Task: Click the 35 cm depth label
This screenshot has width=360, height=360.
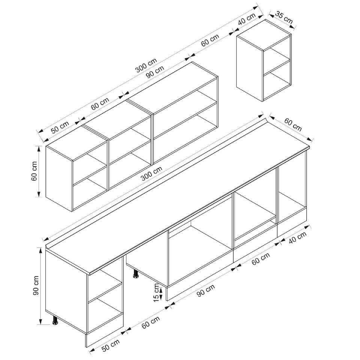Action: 284,18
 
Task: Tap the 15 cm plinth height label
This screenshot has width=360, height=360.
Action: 156,292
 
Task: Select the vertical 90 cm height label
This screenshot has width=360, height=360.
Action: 36,285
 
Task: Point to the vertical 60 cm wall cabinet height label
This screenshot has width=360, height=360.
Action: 34,171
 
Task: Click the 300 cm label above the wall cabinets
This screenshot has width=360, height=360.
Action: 146,65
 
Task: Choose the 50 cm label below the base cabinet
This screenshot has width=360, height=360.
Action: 111,345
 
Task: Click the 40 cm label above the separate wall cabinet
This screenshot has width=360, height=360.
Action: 247,19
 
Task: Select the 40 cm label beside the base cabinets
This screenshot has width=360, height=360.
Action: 297,237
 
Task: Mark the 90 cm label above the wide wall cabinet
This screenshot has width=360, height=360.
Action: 155,72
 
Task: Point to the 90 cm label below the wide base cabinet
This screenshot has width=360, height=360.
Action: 206,290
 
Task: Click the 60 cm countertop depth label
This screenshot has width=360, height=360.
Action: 293,124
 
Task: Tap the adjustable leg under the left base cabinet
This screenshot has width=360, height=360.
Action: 55,320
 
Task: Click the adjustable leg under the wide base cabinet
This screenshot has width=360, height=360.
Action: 136,274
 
